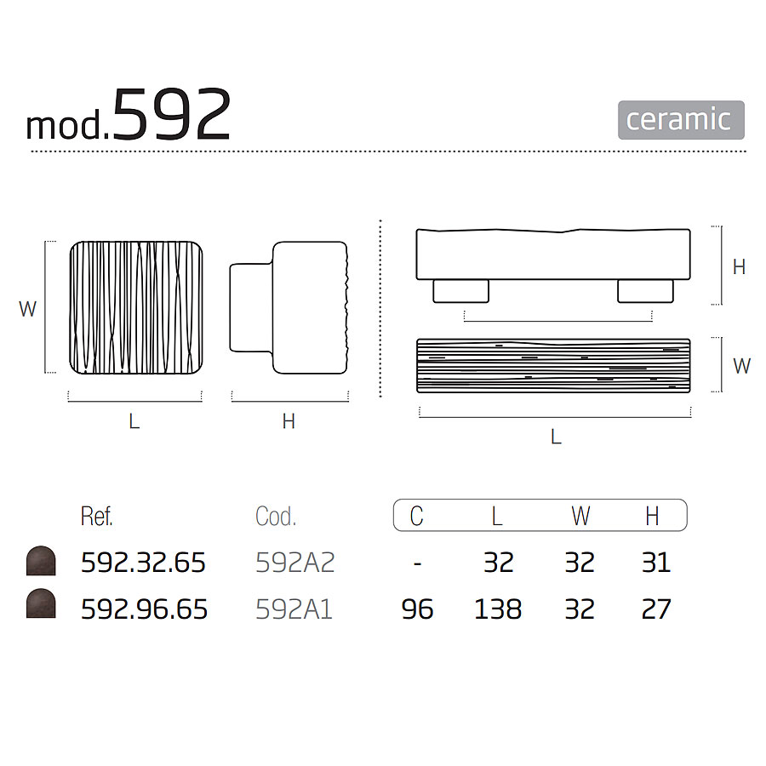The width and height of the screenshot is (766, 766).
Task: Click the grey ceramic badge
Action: [x=681, y=120]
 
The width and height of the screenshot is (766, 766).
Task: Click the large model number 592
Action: [x=171, y=115]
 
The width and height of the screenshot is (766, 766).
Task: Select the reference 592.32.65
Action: [x=143, y=563]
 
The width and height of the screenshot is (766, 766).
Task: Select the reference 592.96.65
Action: [x=144, y=609]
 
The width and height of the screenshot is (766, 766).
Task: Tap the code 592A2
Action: [x=295, y=563]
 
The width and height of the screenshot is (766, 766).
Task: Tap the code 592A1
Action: [x=294, y=609]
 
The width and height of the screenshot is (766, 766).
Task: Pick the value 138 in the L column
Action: [x=498, y=609]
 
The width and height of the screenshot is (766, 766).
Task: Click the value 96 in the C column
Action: [x=417, y=609]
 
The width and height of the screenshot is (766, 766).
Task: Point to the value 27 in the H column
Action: [x=656, y=609]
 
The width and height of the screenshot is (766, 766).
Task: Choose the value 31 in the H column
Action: [x=656, y=563]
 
